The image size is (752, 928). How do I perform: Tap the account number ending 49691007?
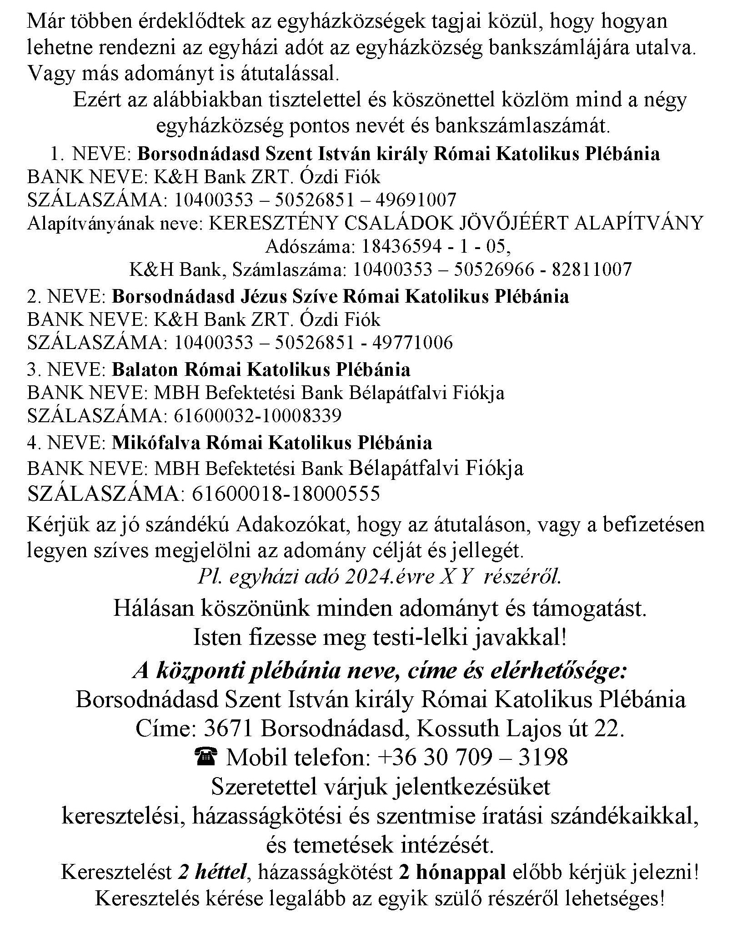[x=315, y=200]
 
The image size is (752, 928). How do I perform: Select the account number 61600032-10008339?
[x=257, y=415]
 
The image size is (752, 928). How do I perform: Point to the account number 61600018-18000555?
[x=286, y=494]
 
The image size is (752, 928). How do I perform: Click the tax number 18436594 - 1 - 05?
[x=433, y=247]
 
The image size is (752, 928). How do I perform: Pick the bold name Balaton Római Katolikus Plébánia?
[x=261, y=369]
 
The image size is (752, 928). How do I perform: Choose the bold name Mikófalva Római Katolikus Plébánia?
[x=272, y=443]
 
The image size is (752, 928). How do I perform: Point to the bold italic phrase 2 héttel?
[x=212, y=872]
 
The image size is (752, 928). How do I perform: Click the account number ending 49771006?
[x=314, y=342]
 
